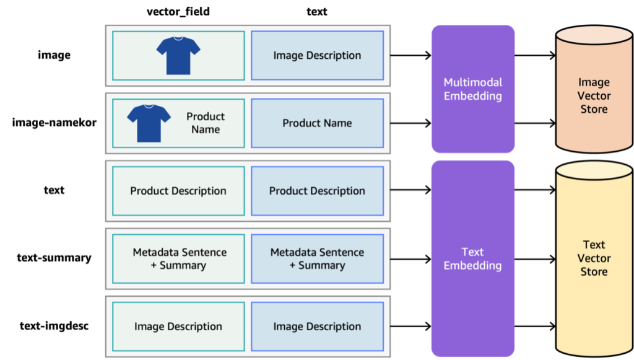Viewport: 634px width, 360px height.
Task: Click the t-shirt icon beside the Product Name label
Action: [x=149, y=122]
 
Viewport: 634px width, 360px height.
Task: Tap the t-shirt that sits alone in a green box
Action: [x=178, y=55]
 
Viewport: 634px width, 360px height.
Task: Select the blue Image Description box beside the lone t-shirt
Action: [x=317, y=56]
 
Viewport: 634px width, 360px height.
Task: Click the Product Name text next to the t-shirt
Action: [x=206, y=123]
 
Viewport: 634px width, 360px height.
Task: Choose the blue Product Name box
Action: [x=317, y=123]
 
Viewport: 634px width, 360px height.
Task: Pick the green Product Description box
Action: [x=178, y=191]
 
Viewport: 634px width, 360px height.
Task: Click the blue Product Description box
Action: [x=317, y=191]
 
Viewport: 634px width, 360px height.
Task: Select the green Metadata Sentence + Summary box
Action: [x=178, y=258]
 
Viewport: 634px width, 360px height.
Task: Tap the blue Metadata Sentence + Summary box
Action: [x=317, y=258]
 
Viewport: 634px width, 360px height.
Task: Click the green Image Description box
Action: [x=178, y=327]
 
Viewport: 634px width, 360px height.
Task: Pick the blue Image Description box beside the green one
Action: [x=317, y=327]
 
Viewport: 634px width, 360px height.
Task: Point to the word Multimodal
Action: [x=473, y=82]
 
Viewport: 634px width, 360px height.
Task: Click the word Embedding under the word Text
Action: [x=473, y=266]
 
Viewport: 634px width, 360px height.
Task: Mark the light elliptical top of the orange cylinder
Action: [x=594, y=35]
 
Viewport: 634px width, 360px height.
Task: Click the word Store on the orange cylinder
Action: [x=594, y=110]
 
